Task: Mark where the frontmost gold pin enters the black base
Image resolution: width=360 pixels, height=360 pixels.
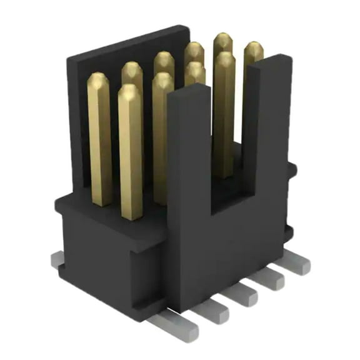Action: point(131,216)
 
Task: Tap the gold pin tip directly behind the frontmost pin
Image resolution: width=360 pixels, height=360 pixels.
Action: point(162,80)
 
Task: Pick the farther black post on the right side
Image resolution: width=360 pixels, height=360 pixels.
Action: point(276,125)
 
